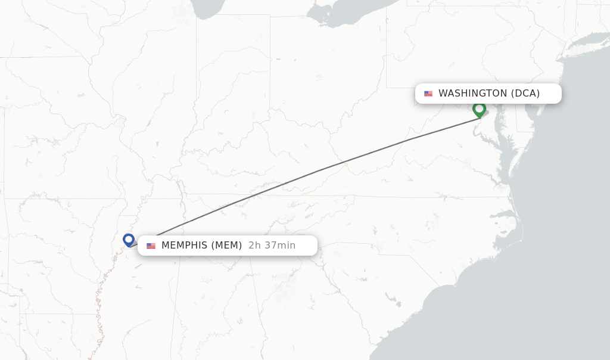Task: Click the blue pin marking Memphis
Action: point(129,240)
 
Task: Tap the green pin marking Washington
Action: point(479,109)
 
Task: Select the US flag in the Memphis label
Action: point(151,246)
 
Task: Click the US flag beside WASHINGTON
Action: point(428,94)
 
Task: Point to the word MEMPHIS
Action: point(184,246)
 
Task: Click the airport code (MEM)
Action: point(227,246)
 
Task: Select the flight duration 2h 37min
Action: point(272,246)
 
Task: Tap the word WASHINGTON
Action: point(472,94)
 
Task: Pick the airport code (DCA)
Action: point(525,94)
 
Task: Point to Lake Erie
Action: point(351,13)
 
